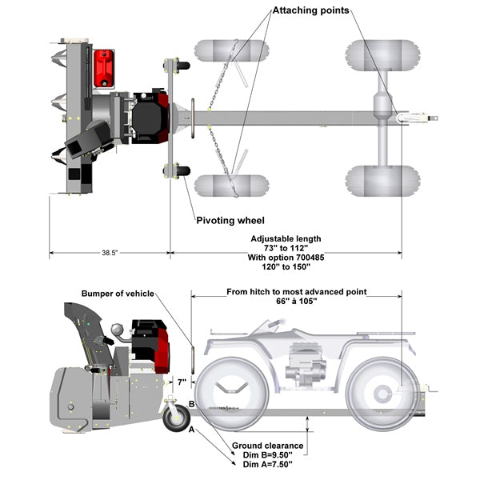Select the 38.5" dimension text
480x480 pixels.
(x=110, y=252)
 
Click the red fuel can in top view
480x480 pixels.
(x=103, y=68)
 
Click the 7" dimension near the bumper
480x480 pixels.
(x=182, y=382)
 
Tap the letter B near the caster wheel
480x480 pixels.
(x=191, y=405)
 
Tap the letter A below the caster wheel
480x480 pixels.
(x=191, y=430)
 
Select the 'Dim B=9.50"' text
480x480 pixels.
(x=267, y=454)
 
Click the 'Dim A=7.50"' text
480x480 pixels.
(x=267, y=464)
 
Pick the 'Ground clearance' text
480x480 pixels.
(x=267, y=445)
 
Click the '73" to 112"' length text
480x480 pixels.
(x=286, y=248)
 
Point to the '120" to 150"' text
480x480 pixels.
(x=286, y=267)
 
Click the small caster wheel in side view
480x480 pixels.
(x=174, y=417)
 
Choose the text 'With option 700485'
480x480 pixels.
(x=286, y=258)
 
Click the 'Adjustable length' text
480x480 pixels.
(x=286, y=238)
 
